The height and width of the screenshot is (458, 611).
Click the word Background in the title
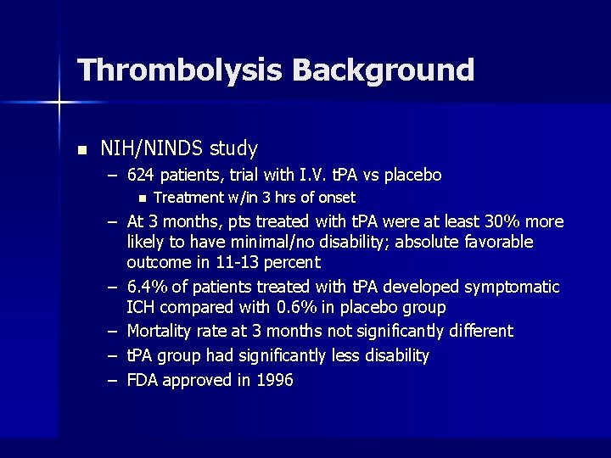384,70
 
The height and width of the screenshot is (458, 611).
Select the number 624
141,176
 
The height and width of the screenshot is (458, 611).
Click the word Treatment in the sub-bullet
189,198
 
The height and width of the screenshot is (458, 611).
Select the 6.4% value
144,288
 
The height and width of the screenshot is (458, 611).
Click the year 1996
273,380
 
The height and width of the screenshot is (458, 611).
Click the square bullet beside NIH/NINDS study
81,150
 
